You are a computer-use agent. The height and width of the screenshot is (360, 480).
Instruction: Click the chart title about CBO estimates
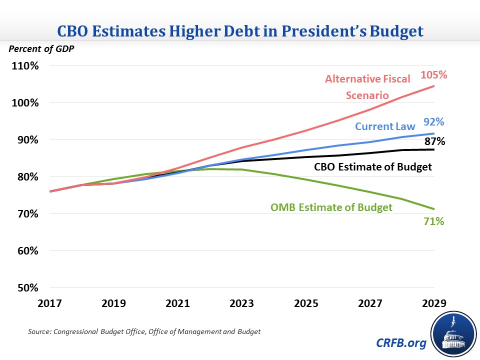(240, 31)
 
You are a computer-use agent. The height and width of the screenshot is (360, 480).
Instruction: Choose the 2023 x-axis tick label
(241, 303)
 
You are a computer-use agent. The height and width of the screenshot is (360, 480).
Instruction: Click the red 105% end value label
(433, 75)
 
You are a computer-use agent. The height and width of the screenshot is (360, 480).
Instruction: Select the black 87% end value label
(434, 141)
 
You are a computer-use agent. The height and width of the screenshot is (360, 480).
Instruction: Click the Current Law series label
(386, 126)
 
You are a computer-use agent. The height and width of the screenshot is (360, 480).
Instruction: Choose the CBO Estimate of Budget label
(373, 166)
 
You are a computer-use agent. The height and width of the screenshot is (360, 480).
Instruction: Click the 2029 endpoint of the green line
(433, 209)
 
